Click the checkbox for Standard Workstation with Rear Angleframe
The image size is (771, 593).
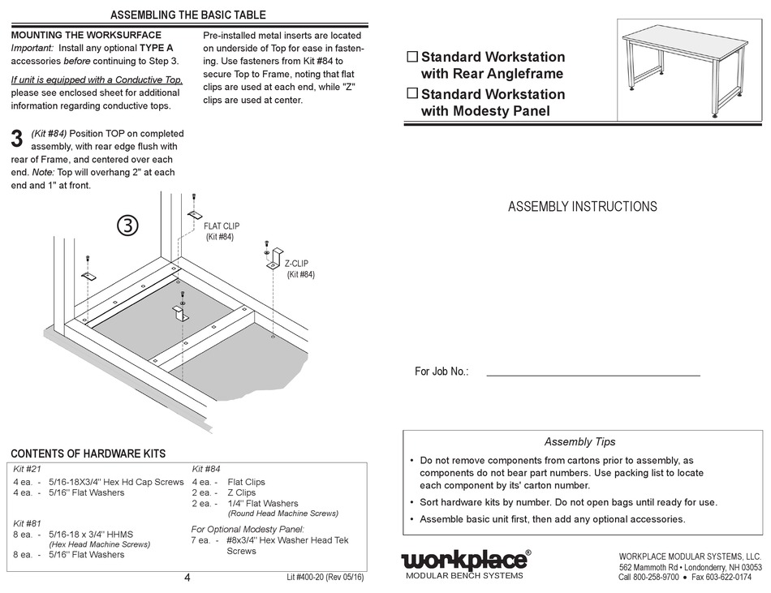pos(411,58)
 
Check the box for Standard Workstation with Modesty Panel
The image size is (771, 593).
pos(411,93)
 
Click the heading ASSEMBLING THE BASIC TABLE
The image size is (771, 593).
pos(187,15)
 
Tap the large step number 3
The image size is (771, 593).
pos(16,139)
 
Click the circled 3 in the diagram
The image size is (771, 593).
pos(127,226)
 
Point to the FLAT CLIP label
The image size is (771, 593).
pos(221,226)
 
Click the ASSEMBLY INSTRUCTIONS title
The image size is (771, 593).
pos(582,207)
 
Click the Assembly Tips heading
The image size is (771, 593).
pos(579,442)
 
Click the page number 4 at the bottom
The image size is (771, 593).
pos(187,578)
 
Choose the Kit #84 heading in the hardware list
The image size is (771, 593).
pos(206,469)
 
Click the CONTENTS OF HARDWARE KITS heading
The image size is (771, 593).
pos(88,453)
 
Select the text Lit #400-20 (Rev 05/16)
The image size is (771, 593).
pos(325,578)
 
